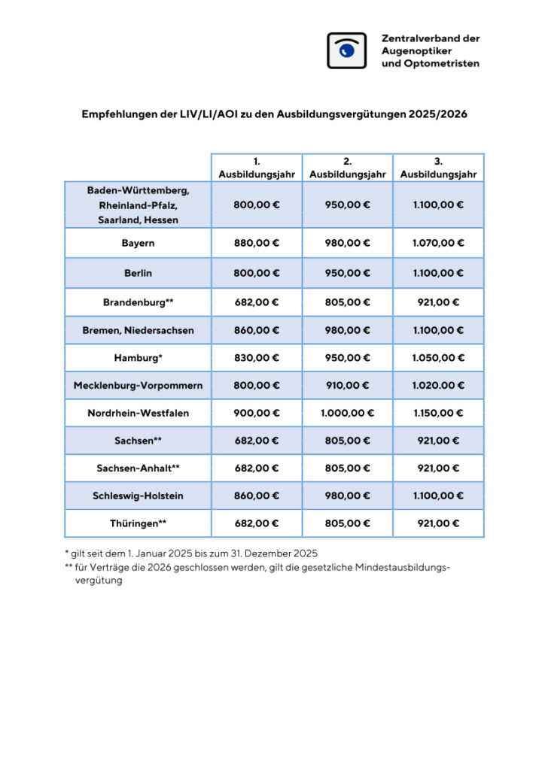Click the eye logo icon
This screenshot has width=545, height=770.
point(346,50)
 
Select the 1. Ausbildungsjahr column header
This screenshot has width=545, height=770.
point(257,168)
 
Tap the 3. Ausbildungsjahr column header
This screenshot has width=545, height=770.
point(438,168)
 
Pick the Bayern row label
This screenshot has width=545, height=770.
point(138,244)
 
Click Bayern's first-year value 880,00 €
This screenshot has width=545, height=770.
point(257,244)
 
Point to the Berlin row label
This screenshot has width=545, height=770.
point(138,273)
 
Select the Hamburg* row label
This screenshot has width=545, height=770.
point(138,358)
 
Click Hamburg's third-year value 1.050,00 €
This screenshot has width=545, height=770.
point(438,358)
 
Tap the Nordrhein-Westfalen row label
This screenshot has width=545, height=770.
point(138,413)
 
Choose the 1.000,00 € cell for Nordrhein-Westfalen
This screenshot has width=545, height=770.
point(347,413)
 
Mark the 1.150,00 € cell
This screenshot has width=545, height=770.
point(438,413)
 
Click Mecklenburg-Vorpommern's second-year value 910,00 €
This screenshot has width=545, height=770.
point(347,385)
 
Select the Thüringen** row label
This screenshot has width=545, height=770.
point(138,523)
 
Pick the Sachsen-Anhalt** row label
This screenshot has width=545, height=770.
point(138,468)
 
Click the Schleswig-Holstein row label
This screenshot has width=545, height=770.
point(138,496)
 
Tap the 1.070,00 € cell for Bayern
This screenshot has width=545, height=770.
point(438,244)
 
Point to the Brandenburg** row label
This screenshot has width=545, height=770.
point(138,302)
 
